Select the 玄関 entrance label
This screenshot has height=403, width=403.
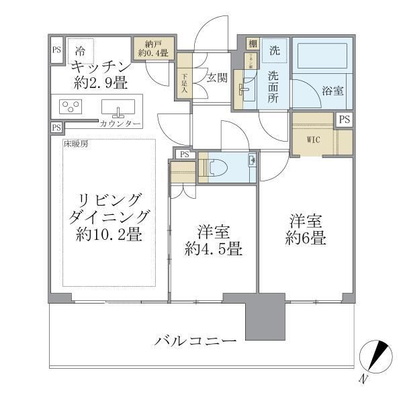217,77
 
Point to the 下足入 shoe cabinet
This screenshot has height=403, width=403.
184,81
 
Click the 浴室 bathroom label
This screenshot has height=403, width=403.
332,90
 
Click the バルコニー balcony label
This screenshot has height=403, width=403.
195,342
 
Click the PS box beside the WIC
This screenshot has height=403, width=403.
344,120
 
